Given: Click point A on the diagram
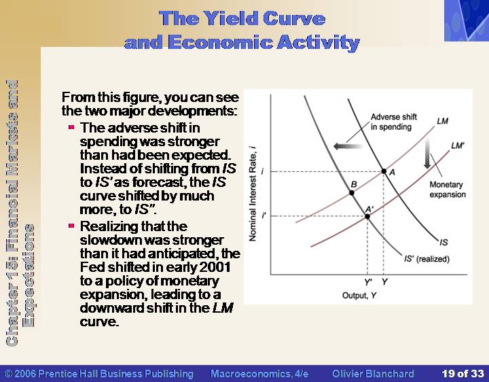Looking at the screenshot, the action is [384, 171].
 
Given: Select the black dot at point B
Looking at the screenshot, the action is [352, 192].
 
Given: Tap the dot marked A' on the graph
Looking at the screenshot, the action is [367, 216].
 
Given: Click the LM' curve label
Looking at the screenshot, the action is [458, 145].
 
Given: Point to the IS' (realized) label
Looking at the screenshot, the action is [427, 259].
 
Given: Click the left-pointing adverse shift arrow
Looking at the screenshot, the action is [348, 145].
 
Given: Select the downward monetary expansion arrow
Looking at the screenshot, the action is [427, 154].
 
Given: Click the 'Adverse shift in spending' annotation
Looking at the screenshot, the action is [393, 122].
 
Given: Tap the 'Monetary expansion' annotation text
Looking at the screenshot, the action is [448, 190].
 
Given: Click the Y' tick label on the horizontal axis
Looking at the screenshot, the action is [368, 282].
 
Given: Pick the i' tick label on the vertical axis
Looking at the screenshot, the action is [264, 215].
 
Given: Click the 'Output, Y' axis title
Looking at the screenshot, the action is [359, 295].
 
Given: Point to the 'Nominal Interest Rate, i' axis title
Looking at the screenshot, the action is [253, 193].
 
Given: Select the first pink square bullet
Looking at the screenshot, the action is [71, 127].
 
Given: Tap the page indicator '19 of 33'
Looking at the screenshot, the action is [463, 374].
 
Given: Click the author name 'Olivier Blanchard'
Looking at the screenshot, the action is [373, 374].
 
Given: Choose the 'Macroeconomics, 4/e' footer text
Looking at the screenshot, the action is [259, 374].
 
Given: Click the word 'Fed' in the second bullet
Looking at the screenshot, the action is [92, 267].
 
